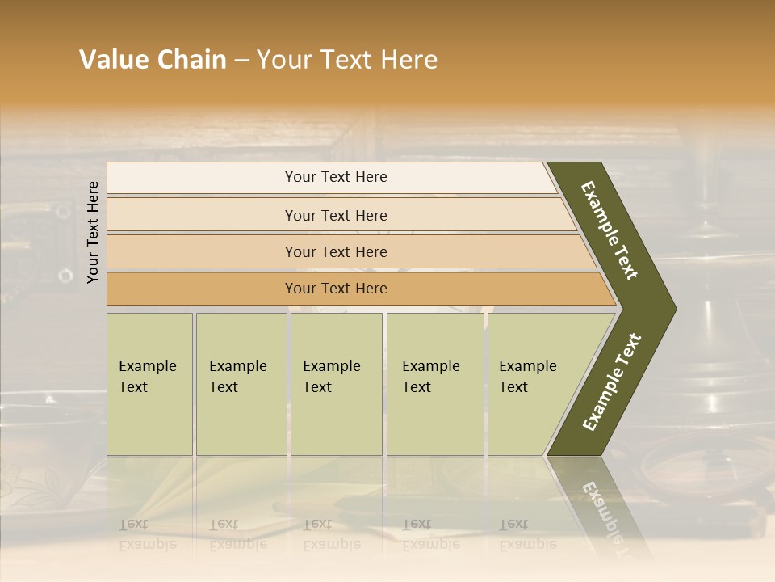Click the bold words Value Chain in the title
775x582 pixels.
coord(153,60)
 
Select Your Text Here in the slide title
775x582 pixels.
coord(347,60)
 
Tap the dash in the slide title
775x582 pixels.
coord(241,61)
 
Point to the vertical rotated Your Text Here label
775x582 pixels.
coord(93,232)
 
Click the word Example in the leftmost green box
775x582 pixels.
coord(147,366)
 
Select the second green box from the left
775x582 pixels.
coord(241,384)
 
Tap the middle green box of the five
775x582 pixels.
coord(336,384)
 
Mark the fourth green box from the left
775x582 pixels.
coord(435,384)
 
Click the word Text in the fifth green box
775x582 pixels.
coord(513,387)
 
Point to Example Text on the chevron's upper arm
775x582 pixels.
coord(610,230)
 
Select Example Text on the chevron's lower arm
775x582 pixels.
coord(611,382)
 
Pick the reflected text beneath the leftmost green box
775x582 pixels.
coord(147,535)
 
